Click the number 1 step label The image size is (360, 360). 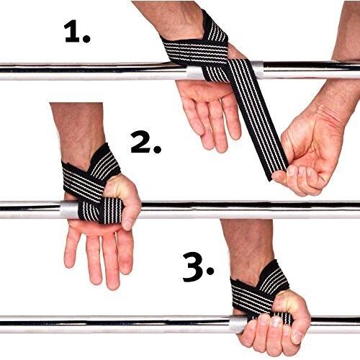77,32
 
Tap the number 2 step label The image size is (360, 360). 145,142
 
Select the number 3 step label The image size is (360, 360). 198,268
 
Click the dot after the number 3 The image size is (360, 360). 210,271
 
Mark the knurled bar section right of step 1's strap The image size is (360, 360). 257,70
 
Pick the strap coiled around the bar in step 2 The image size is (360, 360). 101,210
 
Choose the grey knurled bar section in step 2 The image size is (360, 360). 69,210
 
